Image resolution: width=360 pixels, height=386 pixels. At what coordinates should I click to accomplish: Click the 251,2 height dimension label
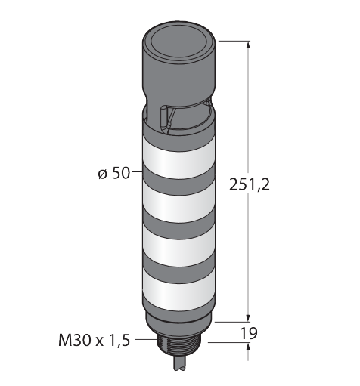pos(249,184)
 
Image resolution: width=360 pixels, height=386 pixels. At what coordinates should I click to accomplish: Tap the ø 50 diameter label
pos(114,173)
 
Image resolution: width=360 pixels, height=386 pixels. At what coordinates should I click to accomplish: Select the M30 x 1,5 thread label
pos(94,340)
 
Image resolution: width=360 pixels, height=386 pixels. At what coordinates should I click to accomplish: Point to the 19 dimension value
pos(249,333)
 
